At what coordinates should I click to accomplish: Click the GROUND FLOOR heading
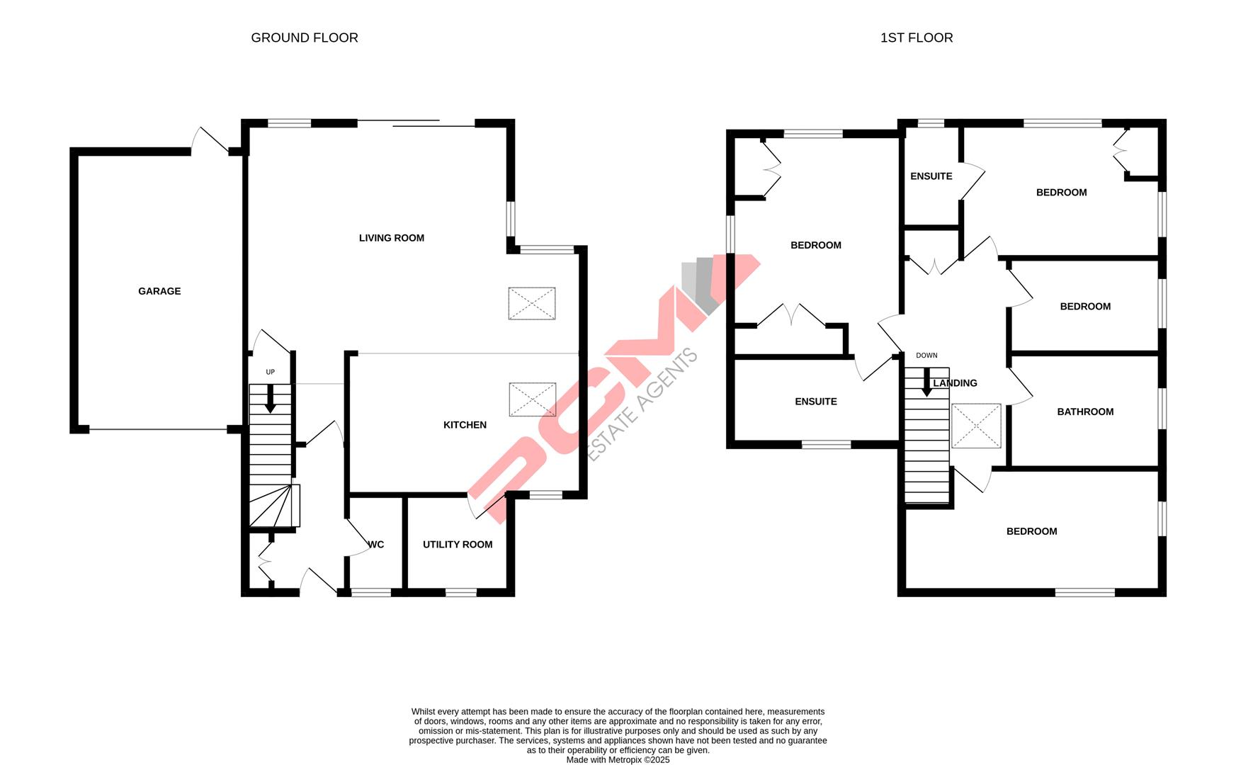(305, 38)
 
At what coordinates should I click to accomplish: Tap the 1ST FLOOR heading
(916, 38)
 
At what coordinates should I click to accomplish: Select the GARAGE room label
(159, 291)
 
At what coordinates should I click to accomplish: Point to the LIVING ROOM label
(392, 238)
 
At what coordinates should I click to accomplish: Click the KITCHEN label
(465, 425)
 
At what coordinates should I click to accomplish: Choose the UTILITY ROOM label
(458, 545)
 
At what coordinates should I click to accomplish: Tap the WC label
(376, 545)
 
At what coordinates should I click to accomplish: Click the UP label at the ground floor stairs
(270, 372)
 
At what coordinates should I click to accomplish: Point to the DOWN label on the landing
(926, 356)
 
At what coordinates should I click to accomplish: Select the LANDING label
(955, 383)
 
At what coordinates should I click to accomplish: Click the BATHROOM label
(1085, 412)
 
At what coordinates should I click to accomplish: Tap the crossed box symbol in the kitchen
(532, 399)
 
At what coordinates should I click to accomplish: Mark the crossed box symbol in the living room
(532, 304)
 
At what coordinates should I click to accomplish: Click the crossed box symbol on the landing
(976, 426)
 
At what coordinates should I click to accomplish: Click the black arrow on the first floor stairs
(926, 382)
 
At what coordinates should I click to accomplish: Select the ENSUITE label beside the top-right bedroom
(931, 176)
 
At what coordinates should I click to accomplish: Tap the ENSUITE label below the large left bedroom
(816, 402)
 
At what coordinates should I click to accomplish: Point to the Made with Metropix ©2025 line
(618, 760)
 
